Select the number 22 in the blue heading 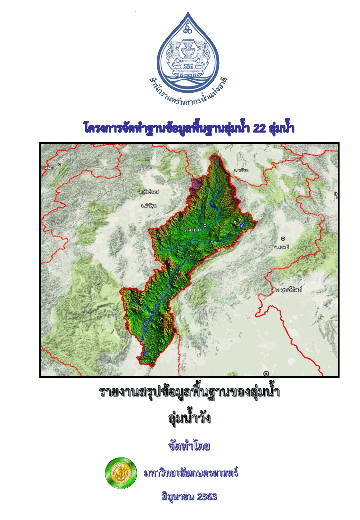coord(259,128)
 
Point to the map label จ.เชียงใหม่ coord(149,192)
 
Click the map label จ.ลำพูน coord(148,205)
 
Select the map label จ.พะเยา coord(241,171)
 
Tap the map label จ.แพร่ coord(282,247)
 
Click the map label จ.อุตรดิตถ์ coord(288,290)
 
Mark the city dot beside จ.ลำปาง coord(205,226)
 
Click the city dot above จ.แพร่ coord(283,239)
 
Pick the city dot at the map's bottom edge coord(266,373)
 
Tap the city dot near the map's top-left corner coord(59,164)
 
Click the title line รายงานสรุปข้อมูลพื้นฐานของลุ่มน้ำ coord(189,392)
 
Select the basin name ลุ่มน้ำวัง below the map coord(189,418)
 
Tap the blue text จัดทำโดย coord(189,446)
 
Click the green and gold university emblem coord(121,473)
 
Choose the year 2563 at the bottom coord(207,497)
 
